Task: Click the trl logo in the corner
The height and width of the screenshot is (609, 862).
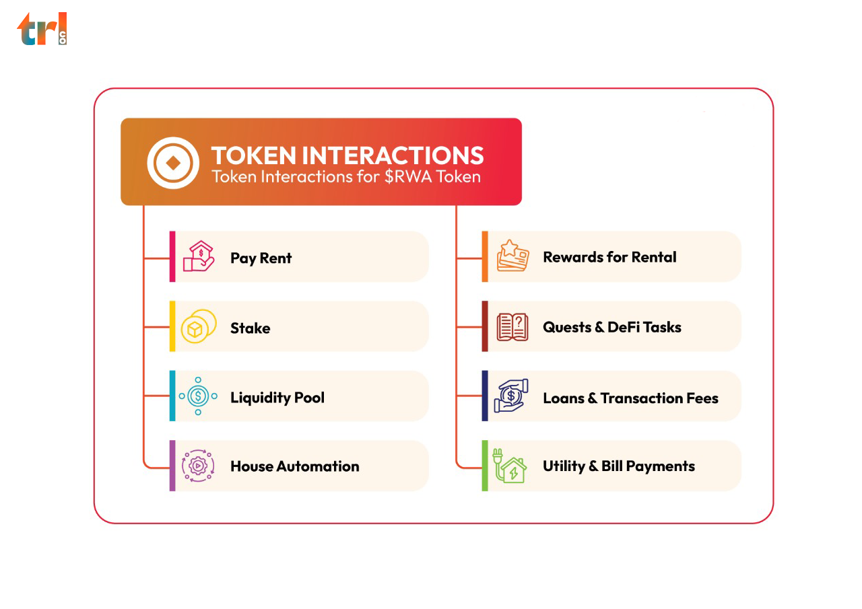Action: [42, 29]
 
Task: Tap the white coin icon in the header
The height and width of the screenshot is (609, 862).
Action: [173, 163]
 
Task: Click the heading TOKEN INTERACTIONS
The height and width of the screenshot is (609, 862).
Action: [347, 155]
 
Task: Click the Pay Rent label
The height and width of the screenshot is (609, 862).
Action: [261, 258]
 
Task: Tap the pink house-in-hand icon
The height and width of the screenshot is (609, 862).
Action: [199, 256]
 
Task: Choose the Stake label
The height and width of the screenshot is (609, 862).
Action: [250, 328]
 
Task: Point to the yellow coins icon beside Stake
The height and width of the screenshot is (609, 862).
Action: [199, 326]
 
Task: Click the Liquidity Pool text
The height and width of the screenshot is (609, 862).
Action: [277, 398]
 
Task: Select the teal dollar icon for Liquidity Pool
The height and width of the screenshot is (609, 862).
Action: [198, 396]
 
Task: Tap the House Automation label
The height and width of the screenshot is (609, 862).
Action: [295, 466]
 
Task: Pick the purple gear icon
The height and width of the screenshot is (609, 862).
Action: [198, 466]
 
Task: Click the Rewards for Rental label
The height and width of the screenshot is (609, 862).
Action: [609, 257]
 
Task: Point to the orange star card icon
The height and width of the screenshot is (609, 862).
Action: [512, 256]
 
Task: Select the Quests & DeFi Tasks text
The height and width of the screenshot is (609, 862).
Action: [612, 327]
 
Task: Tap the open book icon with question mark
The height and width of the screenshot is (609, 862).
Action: [512, 327]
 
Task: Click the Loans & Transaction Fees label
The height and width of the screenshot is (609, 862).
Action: [631, 398]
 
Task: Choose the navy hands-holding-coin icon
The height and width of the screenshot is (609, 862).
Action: [511, 396]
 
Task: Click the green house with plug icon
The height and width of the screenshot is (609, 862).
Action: [510, 466]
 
